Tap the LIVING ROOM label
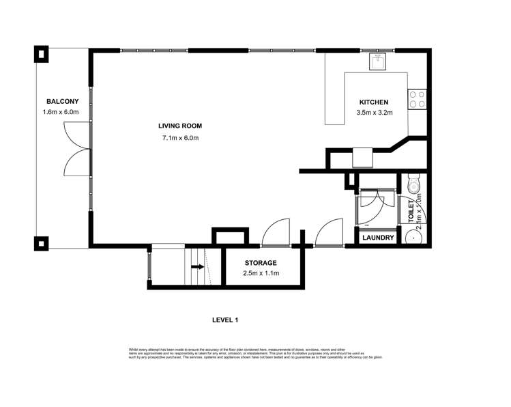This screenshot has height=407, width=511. coord(180,126)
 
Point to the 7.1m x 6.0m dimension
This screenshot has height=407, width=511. coord(180,138)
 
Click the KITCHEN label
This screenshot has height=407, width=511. coord(374,102)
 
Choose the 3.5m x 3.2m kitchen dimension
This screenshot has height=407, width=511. coord(375,113)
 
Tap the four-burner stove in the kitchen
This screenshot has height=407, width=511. coord(417,100)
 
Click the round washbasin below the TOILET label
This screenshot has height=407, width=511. coord(413,237)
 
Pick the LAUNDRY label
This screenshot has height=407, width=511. coord(378,238)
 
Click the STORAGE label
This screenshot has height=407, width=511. coord(260,263)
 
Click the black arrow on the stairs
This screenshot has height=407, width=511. coord(197,267)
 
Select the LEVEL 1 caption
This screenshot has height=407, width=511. coord(225,320)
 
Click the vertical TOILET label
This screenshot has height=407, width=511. coord(411,212)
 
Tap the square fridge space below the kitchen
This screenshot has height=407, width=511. coord(362,158)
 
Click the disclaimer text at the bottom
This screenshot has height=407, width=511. coord(255,353)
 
